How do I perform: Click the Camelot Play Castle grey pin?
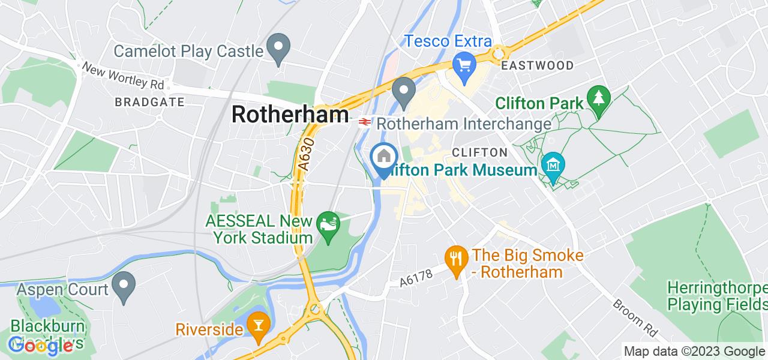pos(278,49)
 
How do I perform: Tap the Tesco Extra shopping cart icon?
pos(464,64)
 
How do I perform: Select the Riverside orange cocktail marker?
pos(259,325)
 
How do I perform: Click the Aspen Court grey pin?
pos(125,286)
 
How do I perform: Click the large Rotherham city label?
pos(290,115)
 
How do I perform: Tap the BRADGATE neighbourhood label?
pos(149,102)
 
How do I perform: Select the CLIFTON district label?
pos(479,152)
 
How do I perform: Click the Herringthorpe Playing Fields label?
pos(717,296)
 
